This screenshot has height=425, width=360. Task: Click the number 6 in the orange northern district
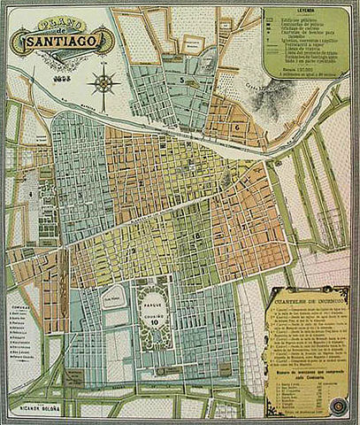(x=237, y=127)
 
